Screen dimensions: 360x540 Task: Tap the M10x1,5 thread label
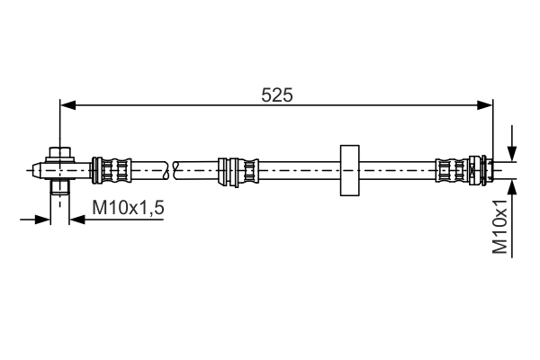(x=128, y=209)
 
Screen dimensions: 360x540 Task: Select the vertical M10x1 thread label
(x=501, y=229)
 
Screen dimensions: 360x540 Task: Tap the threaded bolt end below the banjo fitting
(x=60, y=188)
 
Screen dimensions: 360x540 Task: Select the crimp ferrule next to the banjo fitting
(x=112, y=168)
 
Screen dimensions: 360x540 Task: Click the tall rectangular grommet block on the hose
(x=347, y=168)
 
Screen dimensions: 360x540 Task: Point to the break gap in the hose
(x=174, y=168)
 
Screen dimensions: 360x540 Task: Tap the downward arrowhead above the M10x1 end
(x=512, y=153)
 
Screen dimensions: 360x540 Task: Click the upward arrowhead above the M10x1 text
(x=512, y=184)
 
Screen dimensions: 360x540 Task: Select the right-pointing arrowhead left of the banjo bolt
(x=43, y=219)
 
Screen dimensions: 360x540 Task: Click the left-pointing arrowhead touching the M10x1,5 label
(x=76, y=219)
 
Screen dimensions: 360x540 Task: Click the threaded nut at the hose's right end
(x=480, y=168)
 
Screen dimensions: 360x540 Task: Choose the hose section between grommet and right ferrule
(x=396, y=168)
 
